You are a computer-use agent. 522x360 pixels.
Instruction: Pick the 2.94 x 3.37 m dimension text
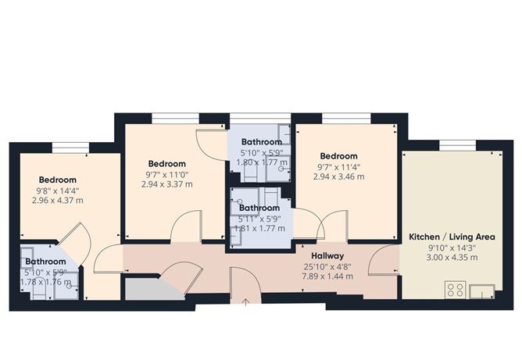pyautogui.click(x=166, y=184)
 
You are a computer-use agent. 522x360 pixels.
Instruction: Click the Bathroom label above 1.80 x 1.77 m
pyautogui.click(x=261, y=142)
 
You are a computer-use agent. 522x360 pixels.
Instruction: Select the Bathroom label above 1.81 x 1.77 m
pyautogui.click(x=259, y=209)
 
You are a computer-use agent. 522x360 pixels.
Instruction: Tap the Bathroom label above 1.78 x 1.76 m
pyautogui.click(x=45, y=262)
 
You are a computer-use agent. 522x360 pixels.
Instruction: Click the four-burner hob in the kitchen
pyautogui.click(x=456, y=290)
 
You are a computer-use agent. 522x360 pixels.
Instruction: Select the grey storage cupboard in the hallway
pyautogui.click(x=149, y=288)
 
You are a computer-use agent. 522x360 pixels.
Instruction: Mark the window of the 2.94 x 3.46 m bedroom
pyautogui.click(x=341, y=118)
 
